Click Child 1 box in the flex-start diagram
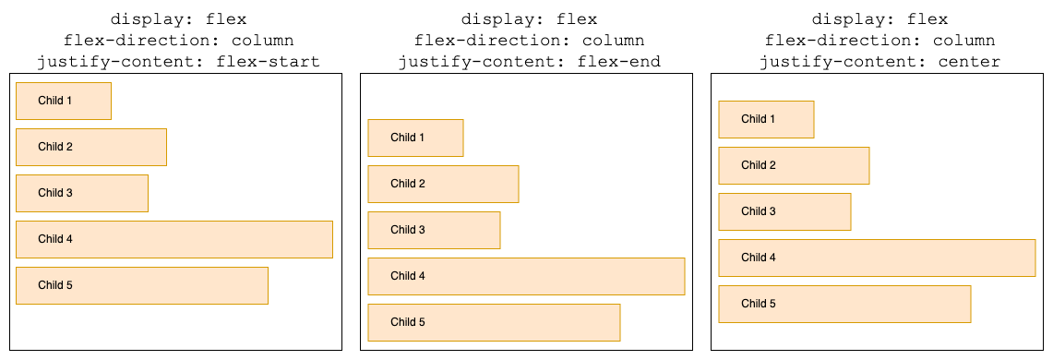point(63,101)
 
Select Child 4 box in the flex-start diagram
point(174,239)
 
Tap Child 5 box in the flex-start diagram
point(141,285)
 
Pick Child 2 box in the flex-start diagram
point(90,147)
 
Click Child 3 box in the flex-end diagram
point(434,230)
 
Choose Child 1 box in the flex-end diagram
point(415,138)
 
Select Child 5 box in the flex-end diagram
point(494,322)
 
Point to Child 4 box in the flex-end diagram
point(526,276)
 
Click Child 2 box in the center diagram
point(794,165)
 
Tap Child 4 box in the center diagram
point(877,258)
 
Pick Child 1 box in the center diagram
point(766,119)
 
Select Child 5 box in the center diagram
point(844,304)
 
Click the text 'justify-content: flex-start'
point(178,63)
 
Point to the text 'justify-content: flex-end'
point(529,63)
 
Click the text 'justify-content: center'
point(879,63)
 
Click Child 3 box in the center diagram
point(784,211)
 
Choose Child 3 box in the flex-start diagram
point(81,193)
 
